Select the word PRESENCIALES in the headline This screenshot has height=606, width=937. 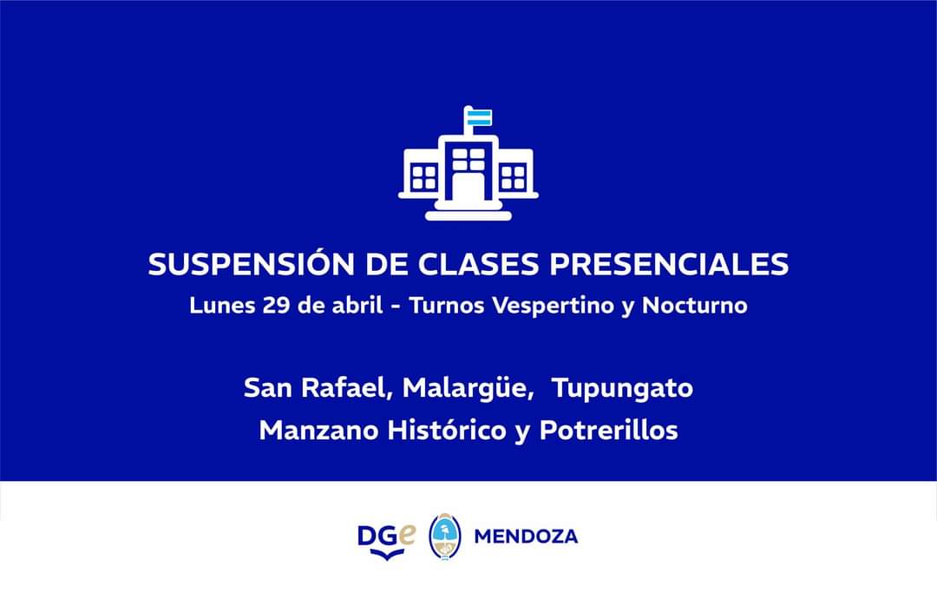click(x=669, y=265)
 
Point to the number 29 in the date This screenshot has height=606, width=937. click(x=276, y=306)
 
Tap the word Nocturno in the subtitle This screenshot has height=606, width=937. click(x=694, y=306)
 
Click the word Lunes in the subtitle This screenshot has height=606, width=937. click(x=222, y=305)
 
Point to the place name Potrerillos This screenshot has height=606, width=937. click(x=608, y=430)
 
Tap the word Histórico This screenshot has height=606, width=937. click(x=447, y=430)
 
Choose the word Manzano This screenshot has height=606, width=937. click(x=318, y=431)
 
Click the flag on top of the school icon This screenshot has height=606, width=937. click(x=479, y=117)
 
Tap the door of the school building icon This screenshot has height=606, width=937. click(x=468, y=188)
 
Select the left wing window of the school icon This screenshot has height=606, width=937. click(x=423, y=178)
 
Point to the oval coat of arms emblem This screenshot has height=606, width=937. click(x=444, y=536)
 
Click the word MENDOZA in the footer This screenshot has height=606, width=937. click(x=526, y=537)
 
